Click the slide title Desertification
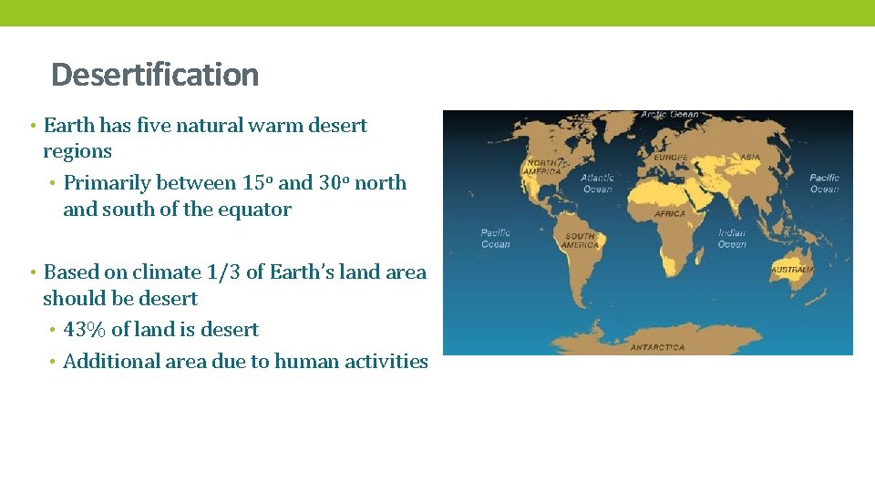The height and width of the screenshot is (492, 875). click(x=155, y=75)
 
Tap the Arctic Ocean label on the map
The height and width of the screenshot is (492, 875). click(x=670, y=115)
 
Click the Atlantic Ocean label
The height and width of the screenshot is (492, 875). click(x=598, y=183)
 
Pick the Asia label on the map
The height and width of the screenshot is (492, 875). click(x=749, y=158)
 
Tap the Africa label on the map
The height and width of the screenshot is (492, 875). click(x=670, y=214)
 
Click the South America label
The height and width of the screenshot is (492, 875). click(x=580, y=241)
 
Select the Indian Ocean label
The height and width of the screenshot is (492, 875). click(x=732, y=239)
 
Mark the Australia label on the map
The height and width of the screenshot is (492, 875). click(x=793, y=271)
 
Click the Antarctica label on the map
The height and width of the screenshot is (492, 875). click(x=657, y=347)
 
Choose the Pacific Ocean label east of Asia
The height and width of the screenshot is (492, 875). click(x=825, y=183)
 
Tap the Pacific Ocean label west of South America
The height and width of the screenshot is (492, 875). click(x=496, y=239)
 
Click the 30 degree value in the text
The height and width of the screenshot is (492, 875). click(x=334, y=182)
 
